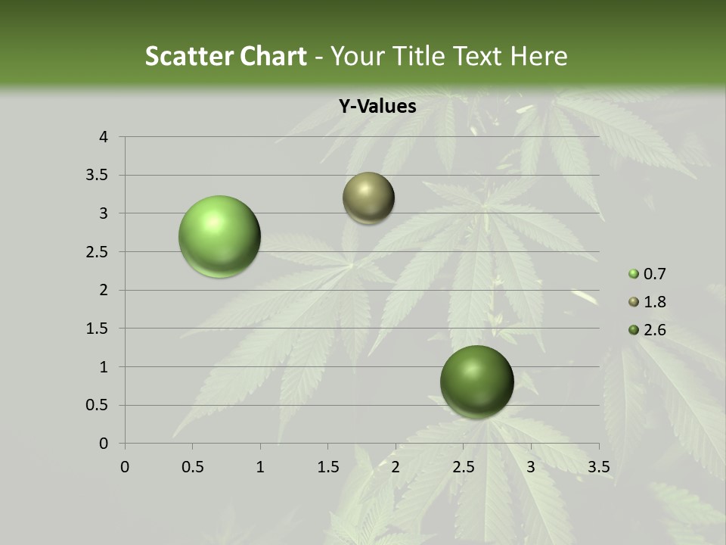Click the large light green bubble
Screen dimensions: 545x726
[x=219, y=236]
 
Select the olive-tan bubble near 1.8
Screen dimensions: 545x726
[x=368, y=198]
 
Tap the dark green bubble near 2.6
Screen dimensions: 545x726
[x=476, y=381]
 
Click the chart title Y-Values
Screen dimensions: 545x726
[x=377, y=107]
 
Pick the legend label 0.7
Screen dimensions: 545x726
[x=654, y=274]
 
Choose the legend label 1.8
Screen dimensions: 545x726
[x=654, y=302]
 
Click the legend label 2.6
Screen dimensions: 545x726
[x=654, y=330]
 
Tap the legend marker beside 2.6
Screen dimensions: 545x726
[x=634, y=330]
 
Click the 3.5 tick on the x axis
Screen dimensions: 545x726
[x=598, y=467]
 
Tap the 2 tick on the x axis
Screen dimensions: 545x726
[x=396, y=467]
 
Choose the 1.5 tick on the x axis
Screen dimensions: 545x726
[x=327, y=467]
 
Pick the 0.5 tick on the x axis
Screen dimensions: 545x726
[x=192, y=467]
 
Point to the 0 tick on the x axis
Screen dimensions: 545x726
[x=125, y=467]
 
